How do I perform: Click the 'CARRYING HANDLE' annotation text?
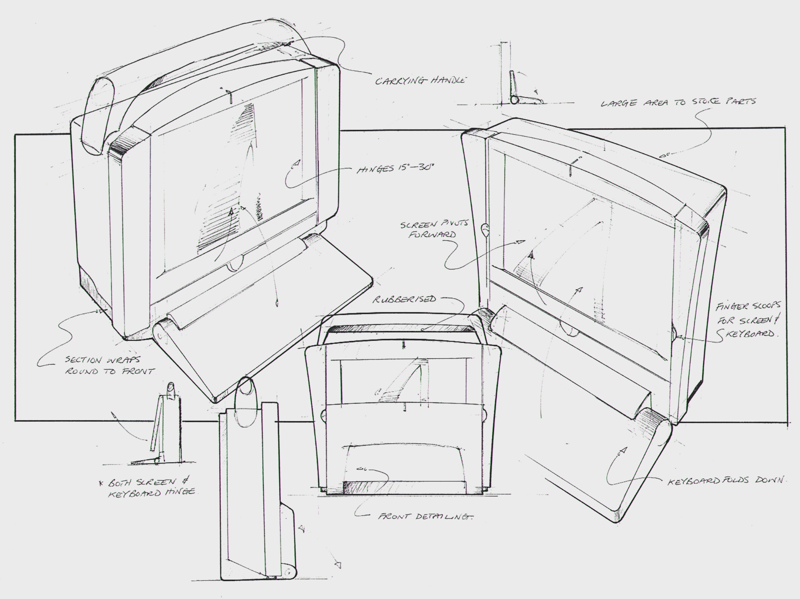point(420,81)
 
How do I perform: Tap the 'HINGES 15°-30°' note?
point(396,170)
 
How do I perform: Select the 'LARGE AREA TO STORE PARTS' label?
point(678,102)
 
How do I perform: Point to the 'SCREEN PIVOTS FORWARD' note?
point(434,229)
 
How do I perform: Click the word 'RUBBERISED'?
point(404,299)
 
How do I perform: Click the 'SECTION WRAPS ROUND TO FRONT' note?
point(109,365)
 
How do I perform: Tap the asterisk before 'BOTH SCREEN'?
point(100,483)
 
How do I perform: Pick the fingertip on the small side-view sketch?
point(170,388)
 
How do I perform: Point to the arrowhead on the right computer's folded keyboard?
point(623,450)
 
